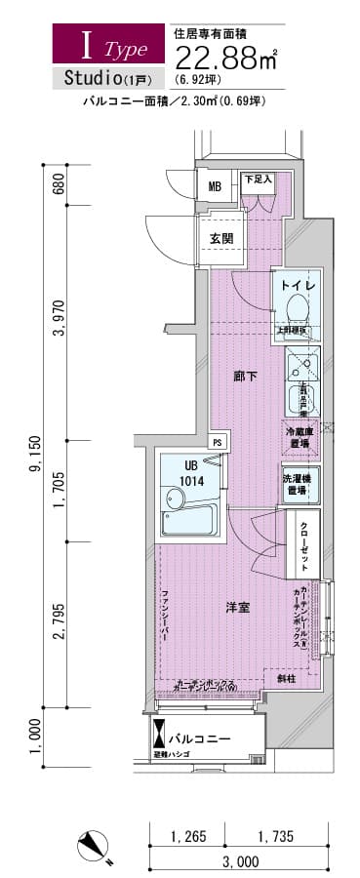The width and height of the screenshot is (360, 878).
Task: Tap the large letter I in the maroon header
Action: [87, 45]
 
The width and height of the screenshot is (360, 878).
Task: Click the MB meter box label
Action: [215, 185]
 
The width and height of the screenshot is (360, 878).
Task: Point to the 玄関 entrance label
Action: [220, 238]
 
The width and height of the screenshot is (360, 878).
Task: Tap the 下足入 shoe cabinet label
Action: [257, 179]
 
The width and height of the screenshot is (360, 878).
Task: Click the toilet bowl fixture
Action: [298, 309]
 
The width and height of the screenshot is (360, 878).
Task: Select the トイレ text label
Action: [297, 285]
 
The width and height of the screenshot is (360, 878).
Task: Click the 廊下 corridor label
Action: [245, 377]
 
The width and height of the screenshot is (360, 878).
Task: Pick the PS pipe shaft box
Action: [217, 442]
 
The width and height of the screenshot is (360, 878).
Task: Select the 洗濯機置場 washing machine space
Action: [297, 485]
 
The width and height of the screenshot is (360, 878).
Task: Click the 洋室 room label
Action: [237, 607]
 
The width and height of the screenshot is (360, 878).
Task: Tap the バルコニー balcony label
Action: [204, 738]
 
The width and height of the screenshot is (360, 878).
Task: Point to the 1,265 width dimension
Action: [186, 836]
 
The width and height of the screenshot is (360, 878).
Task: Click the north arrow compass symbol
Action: [99, 845]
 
